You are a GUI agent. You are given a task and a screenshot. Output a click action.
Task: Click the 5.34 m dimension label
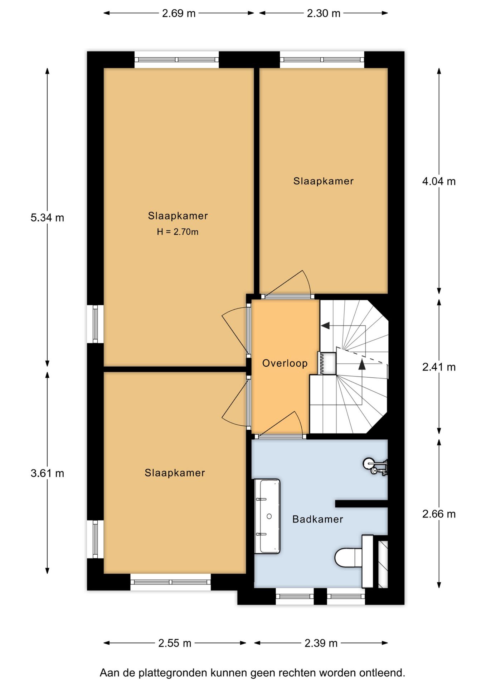[47, 218]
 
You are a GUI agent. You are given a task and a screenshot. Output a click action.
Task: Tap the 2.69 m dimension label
[179, 13]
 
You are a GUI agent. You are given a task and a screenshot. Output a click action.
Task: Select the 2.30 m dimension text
[323, 13]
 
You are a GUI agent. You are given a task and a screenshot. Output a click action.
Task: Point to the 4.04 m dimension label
[439, 181]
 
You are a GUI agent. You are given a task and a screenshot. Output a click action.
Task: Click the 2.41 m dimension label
[439, 367]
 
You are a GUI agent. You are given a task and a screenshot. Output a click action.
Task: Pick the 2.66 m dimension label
[439, 514]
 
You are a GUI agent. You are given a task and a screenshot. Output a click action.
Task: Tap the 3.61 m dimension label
[47, 473]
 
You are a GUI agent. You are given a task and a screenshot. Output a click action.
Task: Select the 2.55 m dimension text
[175, 643]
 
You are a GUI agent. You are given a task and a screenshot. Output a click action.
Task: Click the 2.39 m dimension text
[321, 643]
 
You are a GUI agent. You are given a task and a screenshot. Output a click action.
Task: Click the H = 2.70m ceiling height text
[178, 232]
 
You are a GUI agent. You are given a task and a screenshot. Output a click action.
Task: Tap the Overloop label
[285, 363]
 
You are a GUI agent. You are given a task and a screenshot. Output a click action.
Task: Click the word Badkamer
[317, 519]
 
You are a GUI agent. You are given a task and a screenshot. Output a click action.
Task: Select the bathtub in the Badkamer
[267, 516]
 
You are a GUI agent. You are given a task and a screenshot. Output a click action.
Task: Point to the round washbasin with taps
[369, 464]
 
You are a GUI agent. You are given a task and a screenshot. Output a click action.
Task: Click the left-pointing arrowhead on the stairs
[325, 326]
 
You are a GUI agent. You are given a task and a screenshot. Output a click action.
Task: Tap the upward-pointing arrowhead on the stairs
[362, 364]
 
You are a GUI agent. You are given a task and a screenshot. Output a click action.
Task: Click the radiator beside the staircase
[321, 363]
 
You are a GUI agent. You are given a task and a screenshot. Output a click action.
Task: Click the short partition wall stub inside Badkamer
[361, 503]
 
